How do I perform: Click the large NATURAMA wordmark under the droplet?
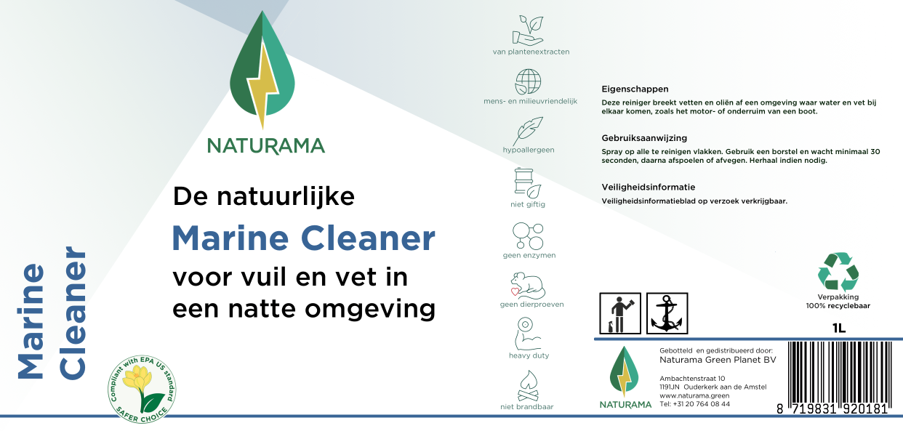(266, 146)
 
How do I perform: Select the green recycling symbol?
(838, 272)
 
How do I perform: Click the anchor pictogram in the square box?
(667, 313)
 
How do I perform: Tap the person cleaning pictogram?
(620, 313)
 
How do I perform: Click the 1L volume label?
(839, 329)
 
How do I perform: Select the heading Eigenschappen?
(635, 89)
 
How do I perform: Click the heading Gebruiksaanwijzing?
(644, 138)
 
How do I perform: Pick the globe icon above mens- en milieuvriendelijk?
(528, 82)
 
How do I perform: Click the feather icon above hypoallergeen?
(528, 131)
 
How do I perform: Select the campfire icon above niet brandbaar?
(528, 386)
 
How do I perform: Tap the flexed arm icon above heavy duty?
(527, 334)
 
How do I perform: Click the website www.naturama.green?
(694, 395)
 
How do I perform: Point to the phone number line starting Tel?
(694, 404)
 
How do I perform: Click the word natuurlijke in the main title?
(286, 196)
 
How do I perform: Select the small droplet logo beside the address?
(624, 371)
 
